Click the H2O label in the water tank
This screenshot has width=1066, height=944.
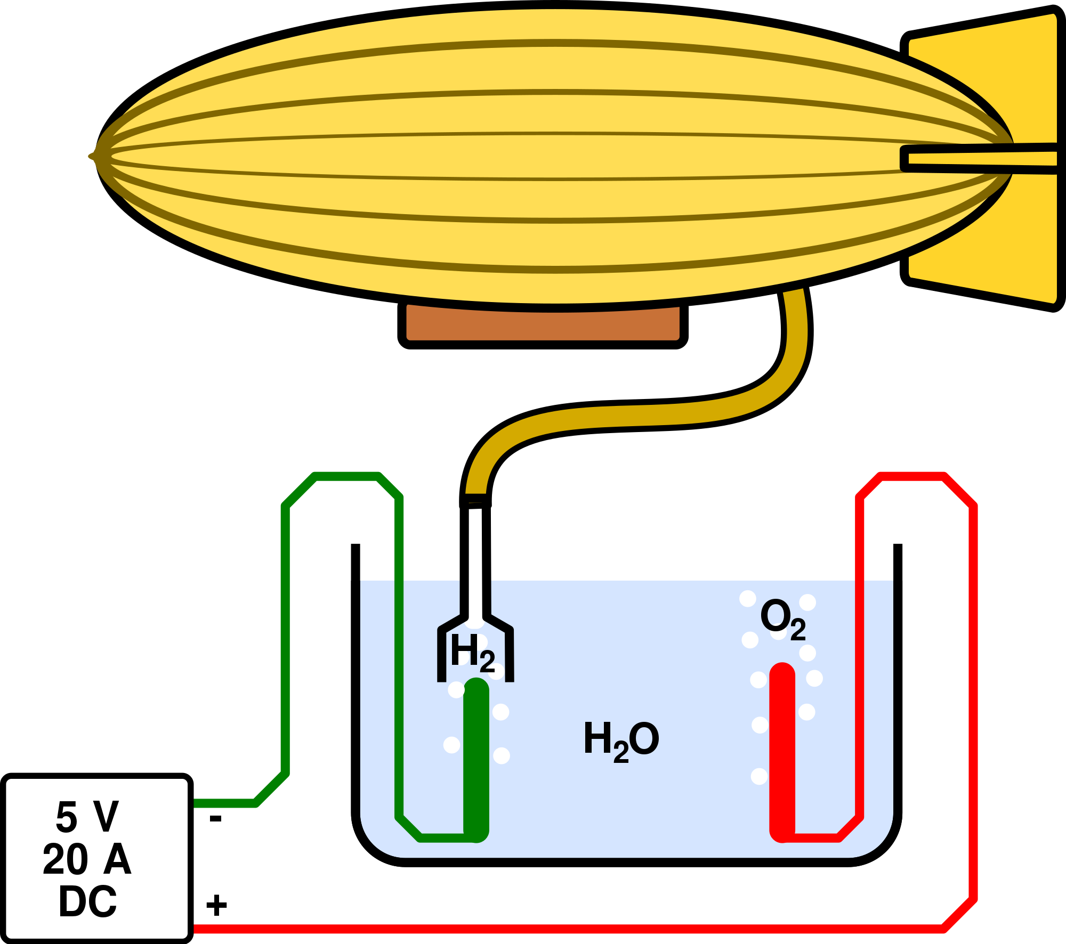click(621, 740)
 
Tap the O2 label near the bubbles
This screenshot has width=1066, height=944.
click(782, 619)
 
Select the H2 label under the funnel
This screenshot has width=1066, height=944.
click(472, 653)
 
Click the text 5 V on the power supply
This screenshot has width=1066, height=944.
click(87, 817)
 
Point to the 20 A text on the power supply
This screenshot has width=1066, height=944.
click(87, 859)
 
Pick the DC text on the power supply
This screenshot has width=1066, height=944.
click(87, 902)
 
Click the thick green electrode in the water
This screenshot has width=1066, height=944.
click(476, 762)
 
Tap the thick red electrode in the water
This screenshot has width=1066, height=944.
click(782, 751)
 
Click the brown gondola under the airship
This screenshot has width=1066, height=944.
click(543, 324)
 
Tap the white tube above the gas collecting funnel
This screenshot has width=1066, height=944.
click(475, 591)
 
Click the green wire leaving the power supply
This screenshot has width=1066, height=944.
click(224, 803)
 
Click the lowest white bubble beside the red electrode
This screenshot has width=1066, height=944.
click(759, 776)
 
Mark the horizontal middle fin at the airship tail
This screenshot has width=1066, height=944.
click(981, 158)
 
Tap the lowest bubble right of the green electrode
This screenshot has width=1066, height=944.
click(502, 755)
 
